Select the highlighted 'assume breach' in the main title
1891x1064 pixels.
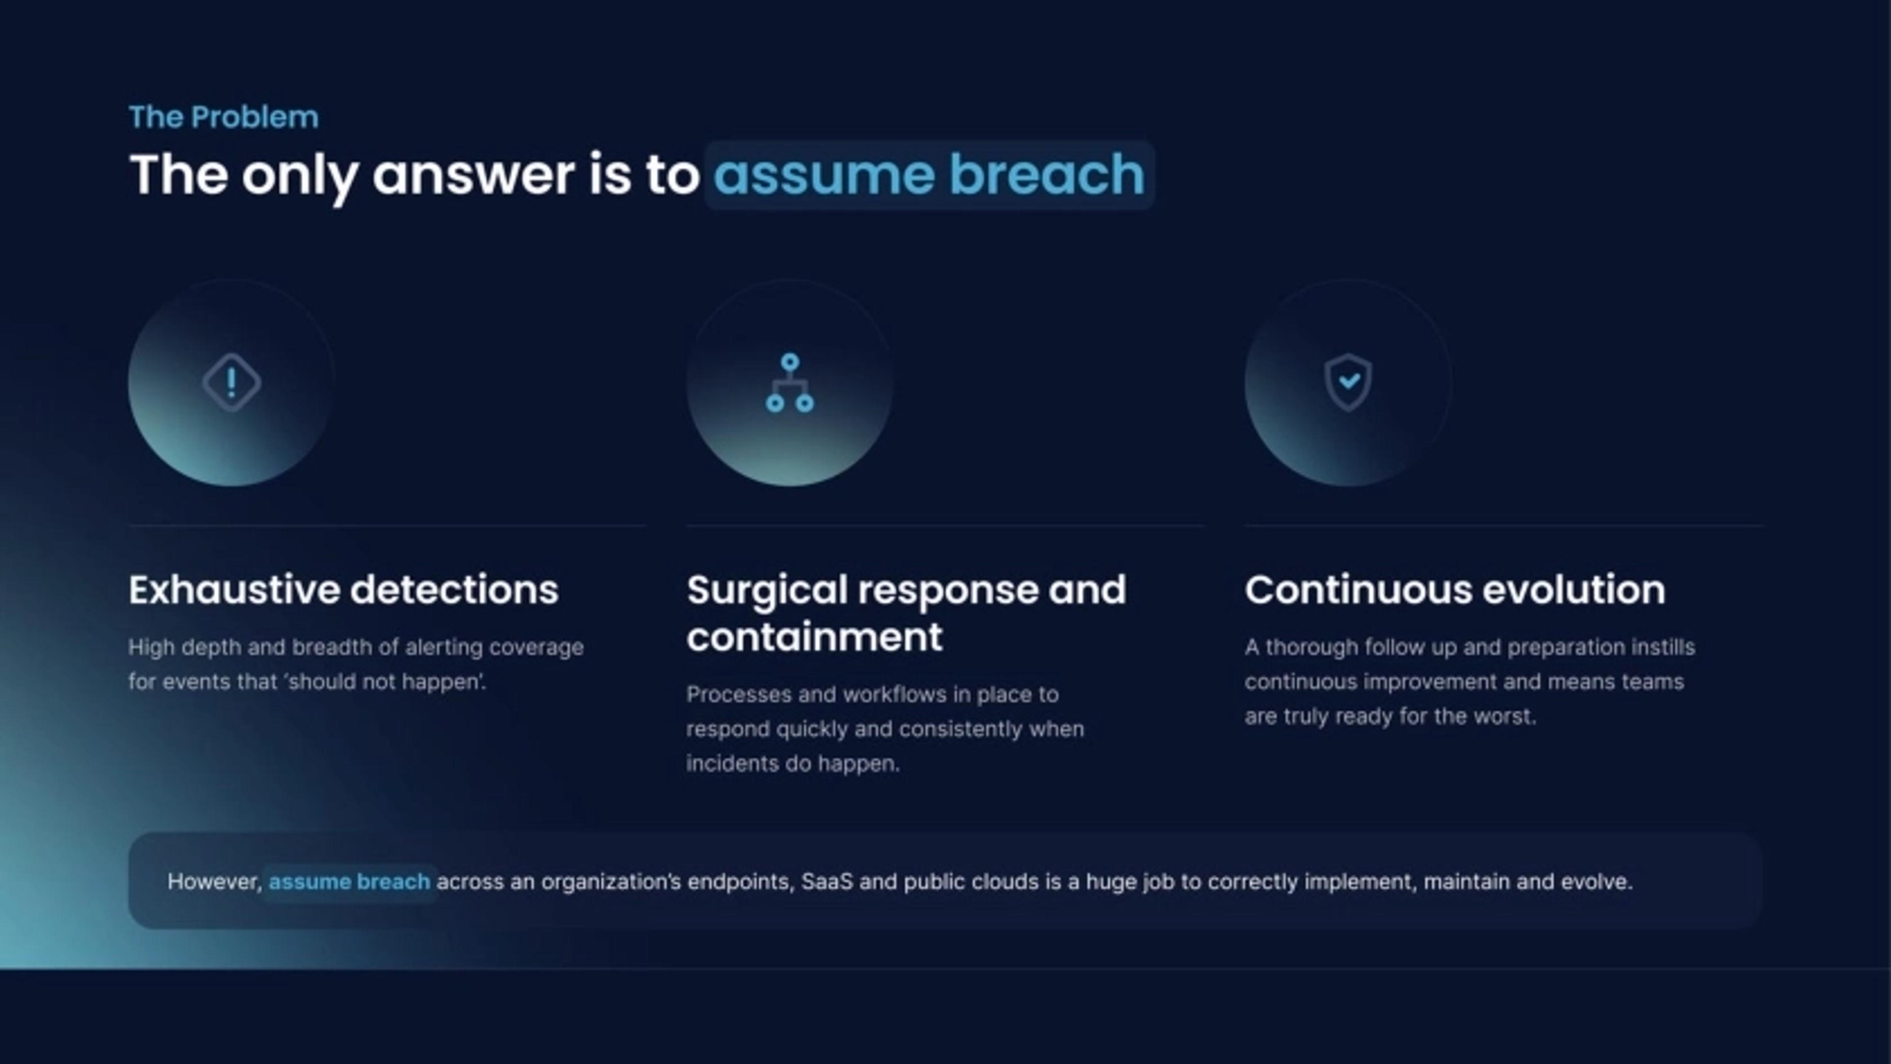929,175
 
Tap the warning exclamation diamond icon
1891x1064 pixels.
231,382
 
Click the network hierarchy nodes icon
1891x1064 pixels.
790,383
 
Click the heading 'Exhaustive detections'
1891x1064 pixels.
344,590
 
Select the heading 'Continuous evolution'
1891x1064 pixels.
1455,590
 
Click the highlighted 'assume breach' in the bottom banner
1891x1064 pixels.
350,881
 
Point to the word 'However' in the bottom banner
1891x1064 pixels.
213,882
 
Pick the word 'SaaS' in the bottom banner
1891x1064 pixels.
827,881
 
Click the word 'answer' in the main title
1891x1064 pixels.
473,176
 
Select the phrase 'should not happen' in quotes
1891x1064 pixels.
382,682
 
